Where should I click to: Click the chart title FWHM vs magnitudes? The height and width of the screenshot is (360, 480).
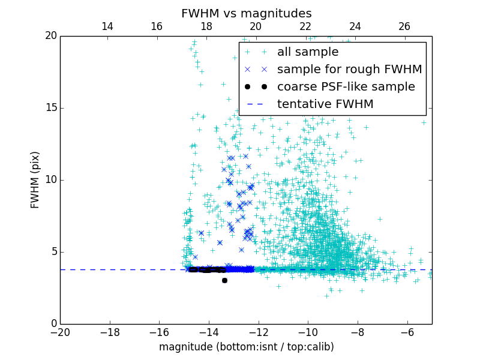246,13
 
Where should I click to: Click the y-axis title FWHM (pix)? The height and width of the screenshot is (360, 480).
35,179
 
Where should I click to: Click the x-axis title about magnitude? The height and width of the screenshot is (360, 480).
246,347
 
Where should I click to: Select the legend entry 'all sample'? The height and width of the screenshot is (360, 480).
308,52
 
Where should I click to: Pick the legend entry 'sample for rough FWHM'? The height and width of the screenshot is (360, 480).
349,70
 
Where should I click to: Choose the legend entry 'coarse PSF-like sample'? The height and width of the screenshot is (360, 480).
346,87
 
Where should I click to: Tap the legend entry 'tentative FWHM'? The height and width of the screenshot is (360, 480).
325,104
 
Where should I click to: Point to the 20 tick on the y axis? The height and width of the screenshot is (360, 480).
50,36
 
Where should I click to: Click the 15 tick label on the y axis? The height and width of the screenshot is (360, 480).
50,108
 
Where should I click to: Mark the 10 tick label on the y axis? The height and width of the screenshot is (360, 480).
50,180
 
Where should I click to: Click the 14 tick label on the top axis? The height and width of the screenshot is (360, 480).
107,26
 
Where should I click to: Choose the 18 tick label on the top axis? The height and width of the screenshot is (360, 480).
206,26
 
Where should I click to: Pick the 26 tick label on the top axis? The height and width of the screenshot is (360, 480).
404,26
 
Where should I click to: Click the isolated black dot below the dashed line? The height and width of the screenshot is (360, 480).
224,280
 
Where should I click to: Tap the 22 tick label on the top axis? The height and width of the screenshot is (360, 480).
305,26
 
